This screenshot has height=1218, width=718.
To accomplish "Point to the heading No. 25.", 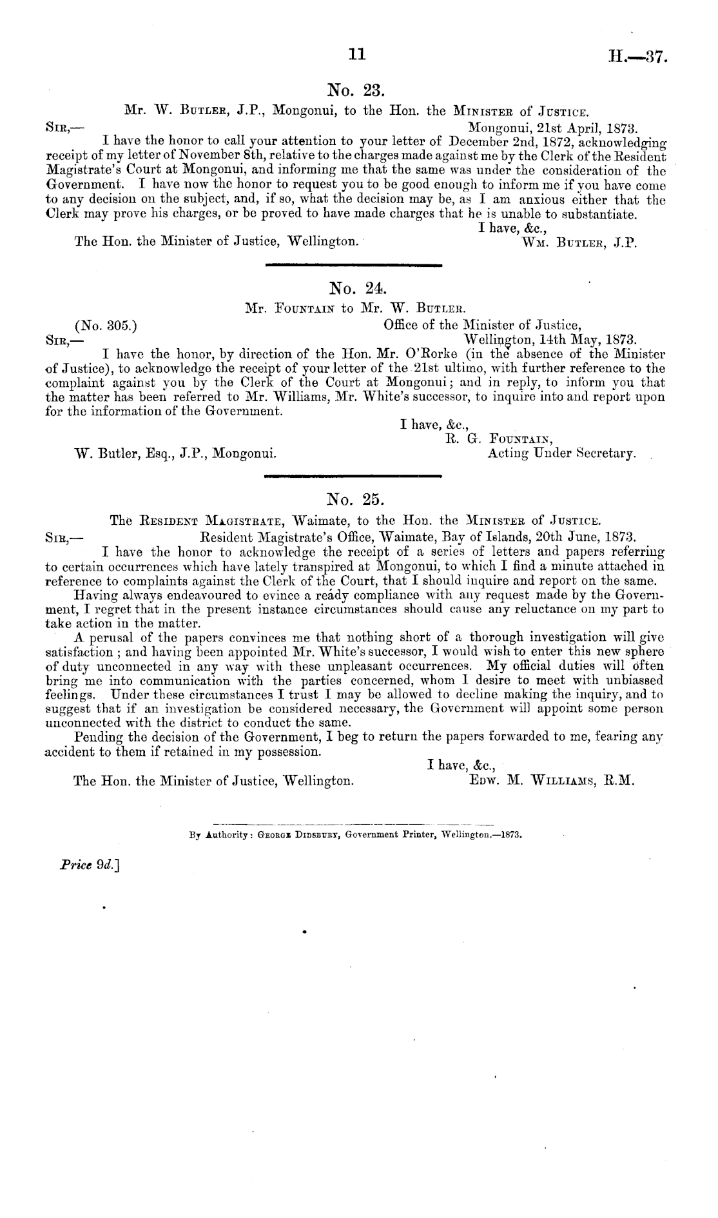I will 355,498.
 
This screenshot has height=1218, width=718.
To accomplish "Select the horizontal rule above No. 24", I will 353,264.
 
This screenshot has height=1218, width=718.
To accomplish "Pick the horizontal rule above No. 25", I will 353,476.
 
